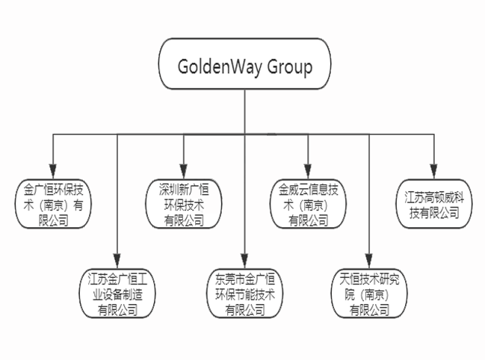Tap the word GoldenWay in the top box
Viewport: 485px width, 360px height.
coord(217,66)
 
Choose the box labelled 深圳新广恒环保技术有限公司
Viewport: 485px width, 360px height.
coord(184,203)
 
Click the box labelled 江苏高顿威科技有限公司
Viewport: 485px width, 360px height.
coord(433,198)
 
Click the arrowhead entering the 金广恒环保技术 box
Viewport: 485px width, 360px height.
coord(53,171)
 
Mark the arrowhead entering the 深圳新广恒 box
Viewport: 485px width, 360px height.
coord(184,171)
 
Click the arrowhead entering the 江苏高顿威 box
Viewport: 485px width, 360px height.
coord(433,171)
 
